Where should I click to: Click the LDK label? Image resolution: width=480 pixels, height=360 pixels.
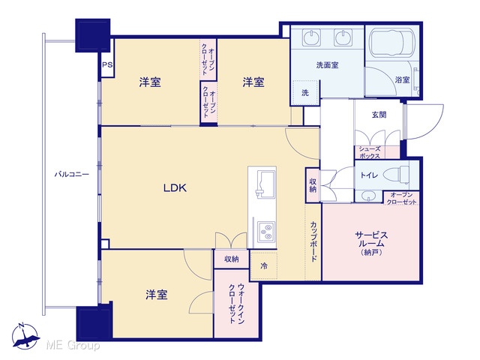point(175,187)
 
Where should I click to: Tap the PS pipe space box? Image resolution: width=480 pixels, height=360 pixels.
point(107,65)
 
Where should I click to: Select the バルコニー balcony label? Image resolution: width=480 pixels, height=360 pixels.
point(72,175)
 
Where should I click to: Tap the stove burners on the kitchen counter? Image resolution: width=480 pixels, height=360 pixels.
point(266,232)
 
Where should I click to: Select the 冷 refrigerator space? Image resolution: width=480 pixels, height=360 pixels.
point(264,265)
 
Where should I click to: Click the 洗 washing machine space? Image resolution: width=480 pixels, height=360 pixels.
point(305,92)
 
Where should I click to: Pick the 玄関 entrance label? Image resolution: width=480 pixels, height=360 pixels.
point(379,115)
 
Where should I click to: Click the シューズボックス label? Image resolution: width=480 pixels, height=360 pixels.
point(370,152)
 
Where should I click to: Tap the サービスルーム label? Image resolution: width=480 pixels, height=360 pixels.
point(371,240)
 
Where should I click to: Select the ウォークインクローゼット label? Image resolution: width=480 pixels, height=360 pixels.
point(236,303)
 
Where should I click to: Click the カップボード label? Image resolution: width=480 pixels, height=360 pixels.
point(313,241)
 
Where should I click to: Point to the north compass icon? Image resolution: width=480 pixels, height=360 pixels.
point(25,337)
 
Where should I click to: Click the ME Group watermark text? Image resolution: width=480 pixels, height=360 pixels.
point(73,346)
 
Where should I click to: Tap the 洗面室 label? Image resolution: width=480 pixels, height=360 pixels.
point(327,65)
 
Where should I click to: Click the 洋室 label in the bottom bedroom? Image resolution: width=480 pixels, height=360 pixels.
point(157,295)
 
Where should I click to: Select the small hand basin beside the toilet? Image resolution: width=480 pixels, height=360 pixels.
point(368,196)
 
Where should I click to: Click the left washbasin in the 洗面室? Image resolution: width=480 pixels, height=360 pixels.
point(312,38)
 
